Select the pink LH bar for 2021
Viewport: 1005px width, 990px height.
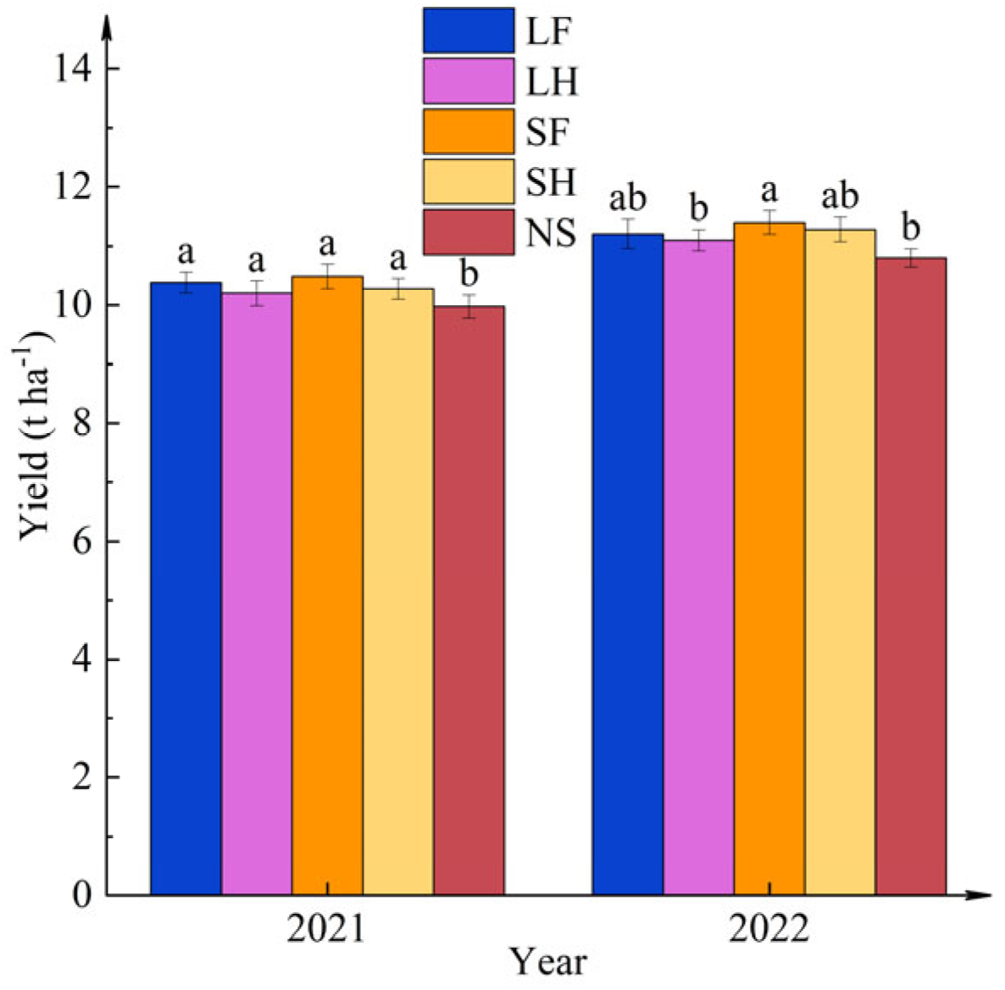tap(257, 593)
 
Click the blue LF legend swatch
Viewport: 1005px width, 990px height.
tap(469, 31)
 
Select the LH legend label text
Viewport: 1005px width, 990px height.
tap(552, 81)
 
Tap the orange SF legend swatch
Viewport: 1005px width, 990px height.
tap(469, 131)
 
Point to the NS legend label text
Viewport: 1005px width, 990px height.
tap(551, 232)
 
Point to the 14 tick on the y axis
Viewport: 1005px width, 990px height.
tap(75, 69)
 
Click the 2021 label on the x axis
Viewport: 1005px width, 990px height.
tap(326, 930)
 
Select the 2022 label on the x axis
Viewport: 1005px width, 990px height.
tap(769, 930)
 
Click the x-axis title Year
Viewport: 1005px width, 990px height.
tap(548, 962)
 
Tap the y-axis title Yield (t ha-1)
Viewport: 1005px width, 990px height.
tap(36, 434)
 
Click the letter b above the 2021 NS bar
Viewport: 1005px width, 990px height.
tap(469, 275)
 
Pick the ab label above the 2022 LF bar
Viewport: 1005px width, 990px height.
tap(628, 199)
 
